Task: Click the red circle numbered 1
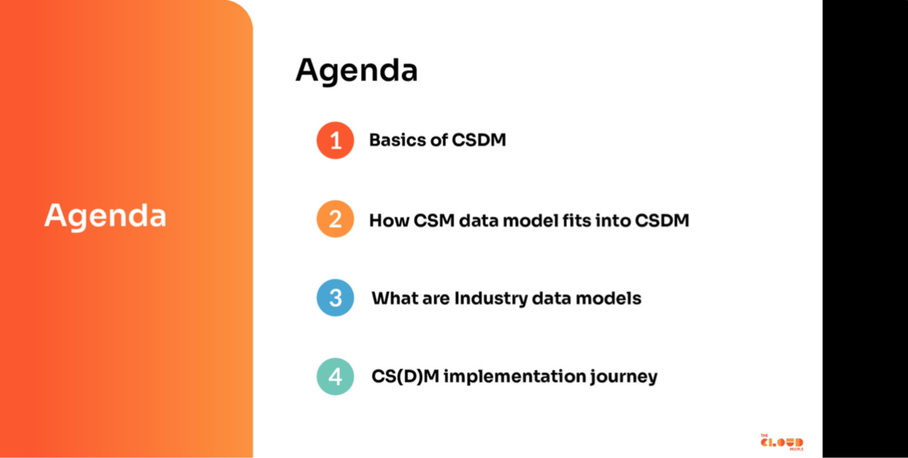point(335,140)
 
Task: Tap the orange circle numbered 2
point(335,219)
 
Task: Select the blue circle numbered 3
point(335,298)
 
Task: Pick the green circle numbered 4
point(335,377)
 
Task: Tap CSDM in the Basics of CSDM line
point(479,140)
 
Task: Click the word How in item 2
point(389,220)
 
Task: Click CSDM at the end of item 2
point(662,220)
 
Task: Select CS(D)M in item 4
point(405,377)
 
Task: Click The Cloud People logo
point(782,442)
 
